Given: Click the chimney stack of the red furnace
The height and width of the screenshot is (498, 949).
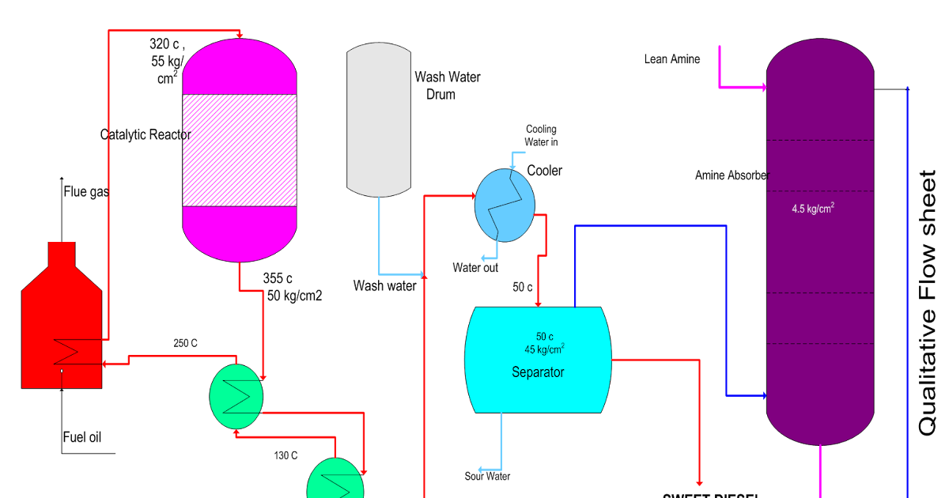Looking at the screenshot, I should (62, 255).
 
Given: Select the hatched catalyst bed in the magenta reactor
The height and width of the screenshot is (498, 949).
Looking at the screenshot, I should (240, 150).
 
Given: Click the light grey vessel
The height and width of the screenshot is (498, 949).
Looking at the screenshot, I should (379, 119).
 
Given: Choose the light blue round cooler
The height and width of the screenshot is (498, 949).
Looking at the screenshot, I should (505, 205).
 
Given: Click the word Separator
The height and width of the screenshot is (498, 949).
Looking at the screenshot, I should (538, 372).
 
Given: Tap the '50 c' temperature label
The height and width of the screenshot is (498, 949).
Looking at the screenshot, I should (545, 336).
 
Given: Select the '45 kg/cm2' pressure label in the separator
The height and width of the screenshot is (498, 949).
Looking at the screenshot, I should (544, 349).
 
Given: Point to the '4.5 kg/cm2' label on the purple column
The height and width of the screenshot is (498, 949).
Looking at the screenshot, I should (813, 209).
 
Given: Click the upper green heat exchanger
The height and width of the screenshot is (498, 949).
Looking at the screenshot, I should (236, 396).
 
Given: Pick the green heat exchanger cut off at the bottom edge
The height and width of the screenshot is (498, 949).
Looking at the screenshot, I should (335, 481).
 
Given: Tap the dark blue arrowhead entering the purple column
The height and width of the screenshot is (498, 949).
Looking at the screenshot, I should (763, 395).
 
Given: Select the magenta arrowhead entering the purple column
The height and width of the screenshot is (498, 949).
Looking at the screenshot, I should (763, 87).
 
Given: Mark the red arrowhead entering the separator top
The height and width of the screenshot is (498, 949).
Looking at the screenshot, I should (539, 304).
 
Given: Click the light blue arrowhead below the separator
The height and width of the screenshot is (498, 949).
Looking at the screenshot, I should (481, 470).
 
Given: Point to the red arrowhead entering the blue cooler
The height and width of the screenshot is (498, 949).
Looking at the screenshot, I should (471, 196).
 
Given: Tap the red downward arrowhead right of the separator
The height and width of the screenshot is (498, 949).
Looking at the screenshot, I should (700, 482).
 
